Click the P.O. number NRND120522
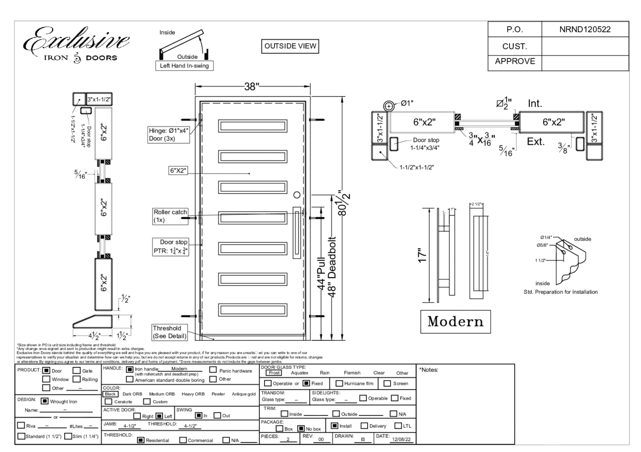[x=585, y=30]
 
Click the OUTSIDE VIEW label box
[x=290, y=46]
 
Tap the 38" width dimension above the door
[x=252, y=86]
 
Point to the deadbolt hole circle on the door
[x=297, y=195]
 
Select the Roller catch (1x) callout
[x=170, y=216]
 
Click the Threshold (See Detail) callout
[x=169, y=332]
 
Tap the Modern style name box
[x=455, y=321]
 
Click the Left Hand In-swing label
[x=184, y=66]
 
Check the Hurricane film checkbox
[x=339, y=383]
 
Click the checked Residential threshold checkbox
[x=141, y=440]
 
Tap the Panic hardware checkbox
[x=213, y=370]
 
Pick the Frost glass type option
[x=274, y=373]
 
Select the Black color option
[x=110, y=394]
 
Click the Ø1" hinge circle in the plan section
[x=389, y=106]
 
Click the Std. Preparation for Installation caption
[x=560, y=292]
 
